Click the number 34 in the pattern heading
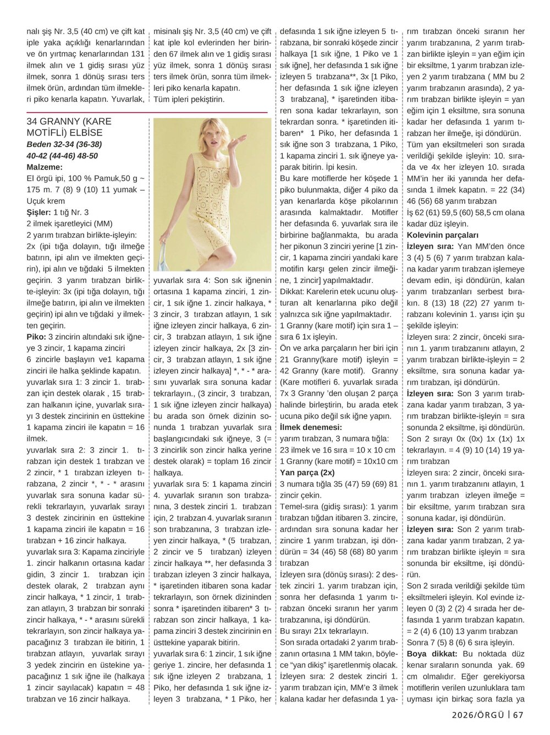click(32, 121)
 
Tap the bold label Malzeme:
click(45, 167)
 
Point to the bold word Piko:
click(37, 336)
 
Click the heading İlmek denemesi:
click(310, 427)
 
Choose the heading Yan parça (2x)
click(307, 472)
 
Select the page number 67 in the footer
click(518, 715)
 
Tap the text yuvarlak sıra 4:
click(182, 280)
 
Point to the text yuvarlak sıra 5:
click(182, 484)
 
